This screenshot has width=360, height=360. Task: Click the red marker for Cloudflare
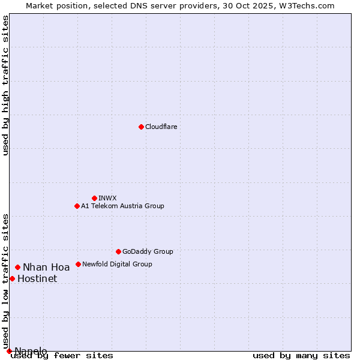coord(141,127)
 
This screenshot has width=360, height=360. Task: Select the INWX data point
coord(94,198)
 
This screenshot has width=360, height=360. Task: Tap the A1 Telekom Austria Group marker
coord(77,206)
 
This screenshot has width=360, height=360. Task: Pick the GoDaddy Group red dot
coord(118,251)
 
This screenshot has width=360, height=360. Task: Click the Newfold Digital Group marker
coord(78,264)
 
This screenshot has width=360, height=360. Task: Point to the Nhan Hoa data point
coord(17,267)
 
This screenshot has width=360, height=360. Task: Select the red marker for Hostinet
coord(12,278)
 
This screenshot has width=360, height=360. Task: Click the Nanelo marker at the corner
coord(9,351)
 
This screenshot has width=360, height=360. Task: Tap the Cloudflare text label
coord(161,127)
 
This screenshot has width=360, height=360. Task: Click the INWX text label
coord(107,198)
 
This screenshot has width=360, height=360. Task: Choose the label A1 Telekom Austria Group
coord(122,206)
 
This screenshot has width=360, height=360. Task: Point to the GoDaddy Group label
coord(148,251)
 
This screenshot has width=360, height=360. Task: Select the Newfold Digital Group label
coord(117,264)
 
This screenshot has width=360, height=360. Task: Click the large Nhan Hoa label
coord(46,268)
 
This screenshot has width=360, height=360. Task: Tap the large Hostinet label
coord(37,279)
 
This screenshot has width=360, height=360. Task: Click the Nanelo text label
coord(31,351)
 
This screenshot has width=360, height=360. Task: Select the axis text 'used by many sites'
coord(301,356)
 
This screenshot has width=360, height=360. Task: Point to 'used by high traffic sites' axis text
coord(5,85)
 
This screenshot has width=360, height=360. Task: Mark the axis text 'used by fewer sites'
coord(62,356)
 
